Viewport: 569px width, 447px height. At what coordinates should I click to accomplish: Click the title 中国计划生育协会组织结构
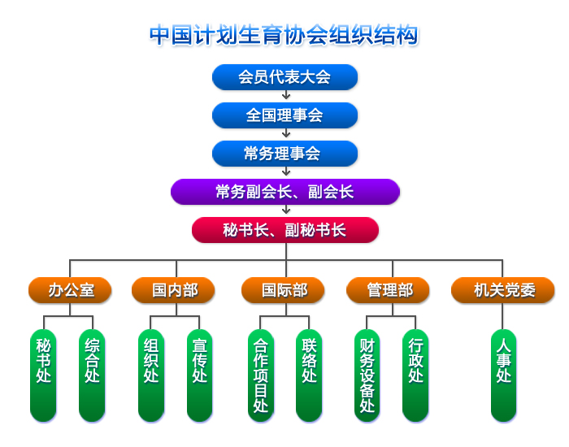[284, 35]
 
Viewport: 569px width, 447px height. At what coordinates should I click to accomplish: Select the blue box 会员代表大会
[284, 77]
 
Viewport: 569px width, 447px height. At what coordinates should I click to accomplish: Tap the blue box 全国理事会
[284, 115]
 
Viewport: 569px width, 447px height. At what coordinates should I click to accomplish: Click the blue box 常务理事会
[284, 154]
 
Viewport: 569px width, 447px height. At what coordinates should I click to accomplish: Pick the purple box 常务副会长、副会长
[284, 192]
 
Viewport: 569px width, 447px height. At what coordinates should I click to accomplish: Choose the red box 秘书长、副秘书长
[284, 230]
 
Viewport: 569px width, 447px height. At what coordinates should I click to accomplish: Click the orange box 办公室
[70, 290]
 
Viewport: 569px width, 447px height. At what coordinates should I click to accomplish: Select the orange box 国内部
[174, 290]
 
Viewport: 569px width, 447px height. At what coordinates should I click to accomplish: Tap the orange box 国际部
[284, 290]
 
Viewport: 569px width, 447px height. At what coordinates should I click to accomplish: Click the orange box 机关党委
[503, 290]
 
